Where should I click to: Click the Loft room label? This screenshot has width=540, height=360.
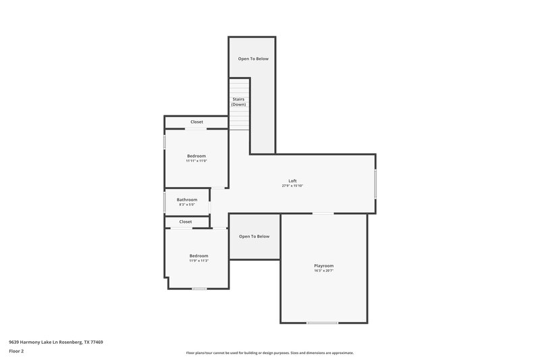coord(292,180)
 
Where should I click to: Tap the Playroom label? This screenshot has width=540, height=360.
coord(323,265)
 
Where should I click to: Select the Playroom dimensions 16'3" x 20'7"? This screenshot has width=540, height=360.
coord(323,271)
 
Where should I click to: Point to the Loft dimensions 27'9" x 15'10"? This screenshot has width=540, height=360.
coord(292,186)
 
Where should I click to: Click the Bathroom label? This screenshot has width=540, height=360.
coord(187,199)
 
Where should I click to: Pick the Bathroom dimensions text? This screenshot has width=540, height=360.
coord(187,205)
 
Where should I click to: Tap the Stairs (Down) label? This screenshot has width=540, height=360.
coord(238,102)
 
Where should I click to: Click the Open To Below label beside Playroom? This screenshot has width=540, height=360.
coord(254,236)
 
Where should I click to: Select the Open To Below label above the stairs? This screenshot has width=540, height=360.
coord(252,59)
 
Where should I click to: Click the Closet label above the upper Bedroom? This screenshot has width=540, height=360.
coord(196,122)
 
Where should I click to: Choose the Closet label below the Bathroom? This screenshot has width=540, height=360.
coord(186,222)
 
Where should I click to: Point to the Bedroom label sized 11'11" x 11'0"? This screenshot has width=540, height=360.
coord(196,156)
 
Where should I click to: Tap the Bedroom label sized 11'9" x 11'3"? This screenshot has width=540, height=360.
coord(198,256)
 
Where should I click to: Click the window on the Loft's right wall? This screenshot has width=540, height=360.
coord(375,184)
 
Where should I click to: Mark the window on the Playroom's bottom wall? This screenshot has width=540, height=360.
coord(322,323)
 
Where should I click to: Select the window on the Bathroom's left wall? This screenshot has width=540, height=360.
coord(165,202)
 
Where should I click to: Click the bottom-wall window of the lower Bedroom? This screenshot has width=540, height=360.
coord(199,289)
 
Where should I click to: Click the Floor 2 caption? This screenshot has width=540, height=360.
coord(17,351)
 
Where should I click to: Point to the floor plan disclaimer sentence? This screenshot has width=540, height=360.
coord(269,353)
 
